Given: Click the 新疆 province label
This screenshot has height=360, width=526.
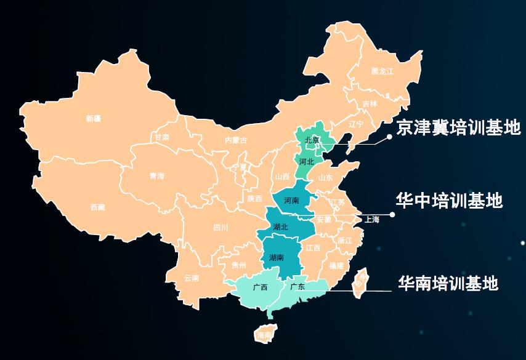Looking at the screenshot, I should (94, 118).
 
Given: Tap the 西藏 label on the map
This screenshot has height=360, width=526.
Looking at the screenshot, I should (97, 207).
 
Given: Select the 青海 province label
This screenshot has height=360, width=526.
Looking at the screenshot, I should (157, 176).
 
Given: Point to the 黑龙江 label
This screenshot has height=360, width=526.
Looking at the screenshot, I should (381, 71).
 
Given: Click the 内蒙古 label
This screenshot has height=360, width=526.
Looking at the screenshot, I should (236, 140).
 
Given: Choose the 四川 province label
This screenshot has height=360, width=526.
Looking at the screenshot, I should (221, 228).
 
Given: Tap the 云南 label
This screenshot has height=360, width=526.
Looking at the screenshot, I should (192, 278).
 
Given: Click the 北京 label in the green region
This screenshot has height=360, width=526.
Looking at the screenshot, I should (312, 140).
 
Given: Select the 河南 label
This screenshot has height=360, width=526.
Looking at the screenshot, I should (292, 200).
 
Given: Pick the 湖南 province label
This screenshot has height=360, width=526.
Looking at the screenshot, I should (277, 258).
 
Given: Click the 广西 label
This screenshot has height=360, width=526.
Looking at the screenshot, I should (260, 287).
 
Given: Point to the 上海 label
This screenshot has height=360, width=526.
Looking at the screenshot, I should (372, 219).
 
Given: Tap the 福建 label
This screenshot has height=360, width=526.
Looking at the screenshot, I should (336, 266).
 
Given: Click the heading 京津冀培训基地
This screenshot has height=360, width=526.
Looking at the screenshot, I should (459, 127).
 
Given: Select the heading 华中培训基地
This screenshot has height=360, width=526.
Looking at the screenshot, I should (449, 201).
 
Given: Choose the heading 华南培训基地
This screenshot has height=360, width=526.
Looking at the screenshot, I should (448, 283).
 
